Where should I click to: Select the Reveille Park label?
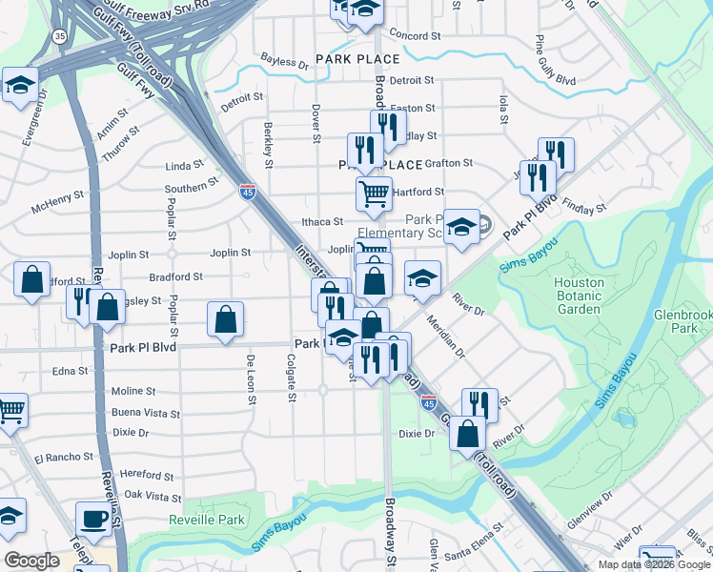click(207, 520)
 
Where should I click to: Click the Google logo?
click(31, 561)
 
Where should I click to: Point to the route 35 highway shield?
click(59, 37)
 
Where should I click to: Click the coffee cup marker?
click(94, 519)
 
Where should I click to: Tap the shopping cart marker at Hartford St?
click(374, 194)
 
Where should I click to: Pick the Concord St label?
click(416, 35)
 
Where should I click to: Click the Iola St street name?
click(501, 101)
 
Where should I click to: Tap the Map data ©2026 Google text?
click(653, 564)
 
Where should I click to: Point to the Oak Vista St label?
click(153, 497)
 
